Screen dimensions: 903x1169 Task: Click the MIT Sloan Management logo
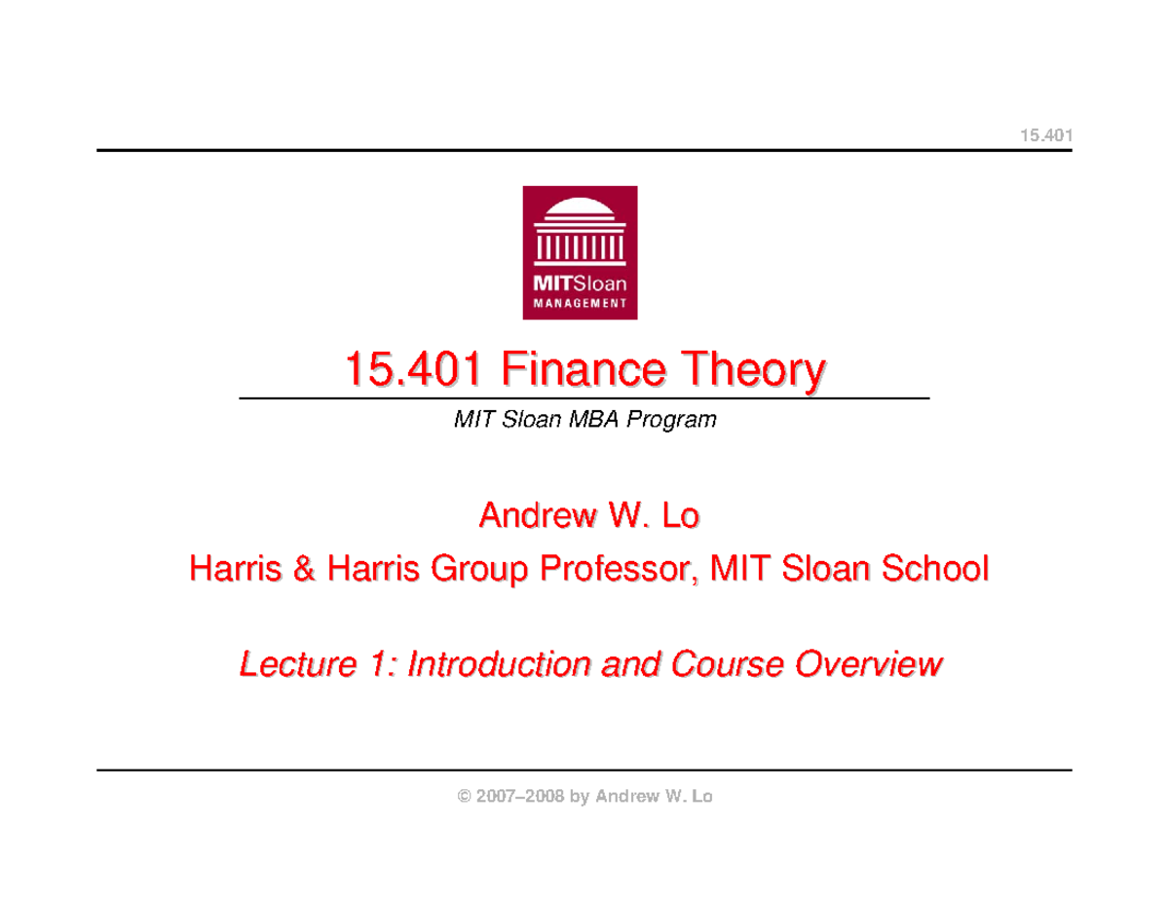coord(582,251)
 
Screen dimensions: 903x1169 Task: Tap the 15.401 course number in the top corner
coord(1045,134)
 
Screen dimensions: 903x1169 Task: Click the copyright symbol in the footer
coord(462,797)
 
